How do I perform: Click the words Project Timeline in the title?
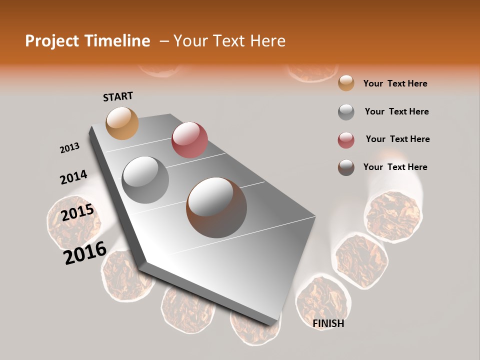tap(87, 41)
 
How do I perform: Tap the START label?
tap(118, 96)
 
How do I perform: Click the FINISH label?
tap(328, 323)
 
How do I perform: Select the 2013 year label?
tap(70, 148)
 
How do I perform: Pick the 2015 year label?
tap(77, 213)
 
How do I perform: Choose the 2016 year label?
tap(85, 253)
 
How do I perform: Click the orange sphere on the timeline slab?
tap(122, 123)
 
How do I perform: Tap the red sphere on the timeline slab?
tap(189, 140)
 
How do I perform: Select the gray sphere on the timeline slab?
tap(145, 179)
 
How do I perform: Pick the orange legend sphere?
tap(346, 83)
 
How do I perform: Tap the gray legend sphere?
tap(346, 112)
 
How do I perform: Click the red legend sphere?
tap(346, 140)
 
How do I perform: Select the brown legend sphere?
tap(346, 167)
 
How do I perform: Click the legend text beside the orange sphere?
tap(395, 83)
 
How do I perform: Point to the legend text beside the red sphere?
tap(397, 139)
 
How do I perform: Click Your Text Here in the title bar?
tap(229, 41)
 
